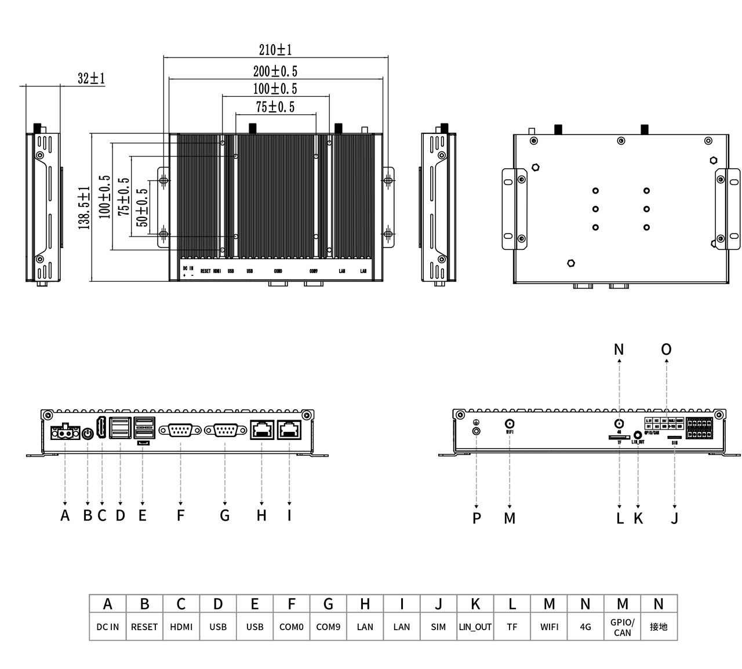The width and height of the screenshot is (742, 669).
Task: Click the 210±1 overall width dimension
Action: (275, 50)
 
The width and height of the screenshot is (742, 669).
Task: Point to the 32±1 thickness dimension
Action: (91, 78)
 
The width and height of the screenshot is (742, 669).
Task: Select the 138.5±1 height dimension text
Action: (85, 208)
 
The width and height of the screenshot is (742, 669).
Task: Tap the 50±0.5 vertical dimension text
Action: (142, 208)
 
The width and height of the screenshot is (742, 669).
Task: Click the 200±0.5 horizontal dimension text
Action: (275, 71)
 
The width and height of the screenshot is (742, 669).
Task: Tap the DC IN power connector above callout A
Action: (65, 432)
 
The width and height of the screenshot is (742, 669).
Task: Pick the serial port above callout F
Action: (180, 430)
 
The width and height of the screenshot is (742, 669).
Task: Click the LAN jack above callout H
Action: (262, 430)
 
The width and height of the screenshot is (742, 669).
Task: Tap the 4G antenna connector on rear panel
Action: (619, 424)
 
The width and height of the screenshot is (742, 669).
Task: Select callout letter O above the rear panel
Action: (666, 349)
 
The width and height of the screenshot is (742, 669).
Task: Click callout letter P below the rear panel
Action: (477, 518)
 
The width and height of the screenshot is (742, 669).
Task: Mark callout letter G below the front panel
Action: (225, 515)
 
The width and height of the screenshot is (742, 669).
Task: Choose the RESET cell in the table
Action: (144, 627)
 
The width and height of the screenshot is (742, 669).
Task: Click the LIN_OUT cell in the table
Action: (475, 627)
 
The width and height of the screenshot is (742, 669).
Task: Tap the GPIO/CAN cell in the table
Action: (622, 627)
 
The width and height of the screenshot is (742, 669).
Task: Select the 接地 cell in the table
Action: (659, 627)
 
